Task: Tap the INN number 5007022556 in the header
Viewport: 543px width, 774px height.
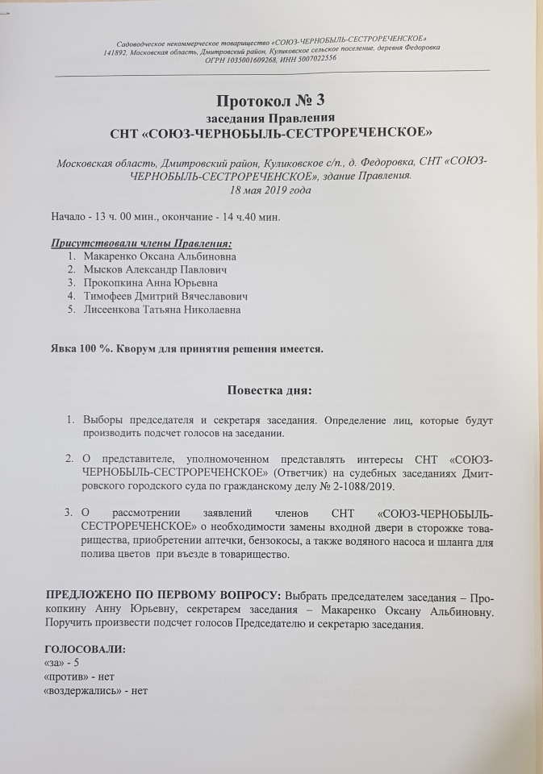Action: coord(317,59)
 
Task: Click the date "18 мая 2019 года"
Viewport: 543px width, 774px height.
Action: coord(270,190)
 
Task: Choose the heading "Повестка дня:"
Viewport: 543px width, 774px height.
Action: coord(270,391)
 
